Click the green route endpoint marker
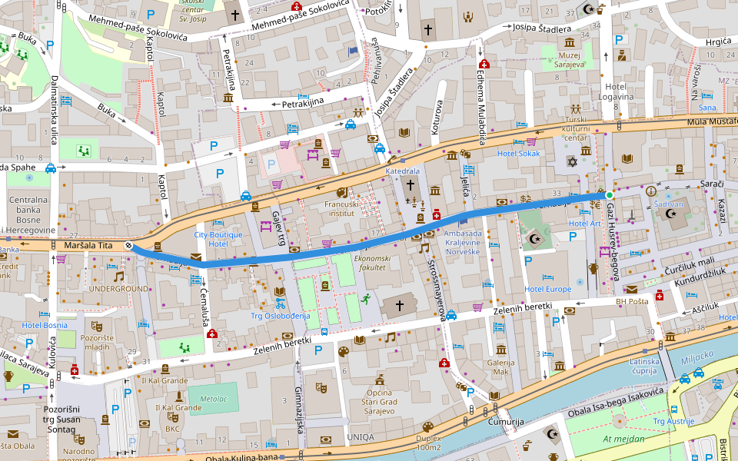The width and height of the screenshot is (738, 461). (609, 195)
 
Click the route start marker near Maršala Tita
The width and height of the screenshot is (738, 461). (129, 246)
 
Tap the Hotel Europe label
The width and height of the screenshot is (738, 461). (547, 290)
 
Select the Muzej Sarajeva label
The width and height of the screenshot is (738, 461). (570, 59)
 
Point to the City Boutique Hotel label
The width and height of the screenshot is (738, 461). (218, 239)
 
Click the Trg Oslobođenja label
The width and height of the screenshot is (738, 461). (279, 316)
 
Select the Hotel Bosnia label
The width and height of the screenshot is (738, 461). (45, 325)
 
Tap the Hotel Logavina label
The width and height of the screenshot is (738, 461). (619, 91)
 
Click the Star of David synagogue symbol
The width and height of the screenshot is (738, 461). (571, 161)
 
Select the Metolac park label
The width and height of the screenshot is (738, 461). (213, 400)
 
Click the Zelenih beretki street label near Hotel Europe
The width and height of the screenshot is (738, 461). (524, 309)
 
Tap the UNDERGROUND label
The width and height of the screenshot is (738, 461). (118, 289)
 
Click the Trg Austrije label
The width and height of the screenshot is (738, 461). (673, 421)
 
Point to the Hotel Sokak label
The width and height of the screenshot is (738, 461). (518, 154)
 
